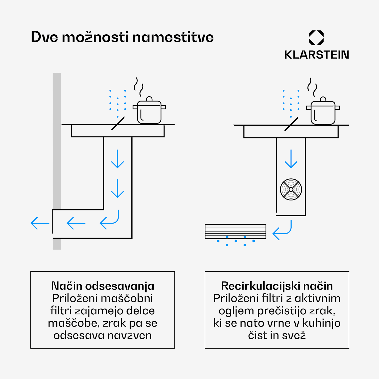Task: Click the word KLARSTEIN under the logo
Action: (317, 55)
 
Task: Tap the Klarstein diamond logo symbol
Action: (316, 38)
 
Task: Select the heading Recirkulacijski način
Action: (277, 286)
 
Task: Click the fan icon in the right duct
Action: (291, 189)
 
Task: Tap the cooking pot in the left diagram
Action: (149, 110)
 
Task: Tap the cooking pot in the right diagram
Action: (323, 111)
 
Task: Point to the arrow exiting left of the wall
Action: (40, 223)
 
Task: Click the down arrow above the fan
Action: (291, 159)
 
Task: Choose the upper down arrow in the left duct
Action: (117, 159)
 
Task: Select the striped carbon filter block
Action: (235, 231)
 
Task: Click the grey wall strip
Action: (57, 161)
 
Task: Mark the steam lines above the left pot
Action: (138, 87)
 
